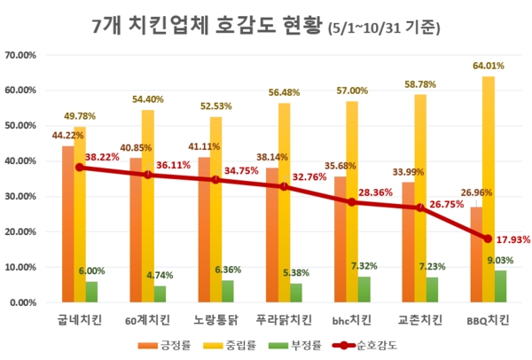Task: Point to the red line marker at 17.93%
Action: [489, 239]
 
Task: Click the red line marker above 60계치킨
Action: [148, 175]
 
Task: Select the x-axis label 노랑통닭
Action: [216, 317]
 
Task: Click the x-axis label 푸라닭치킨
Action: [285, 317]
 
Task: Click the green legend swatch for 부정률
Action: [279, 344]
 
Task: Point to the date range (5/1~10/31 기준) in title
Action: [384, 27]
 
